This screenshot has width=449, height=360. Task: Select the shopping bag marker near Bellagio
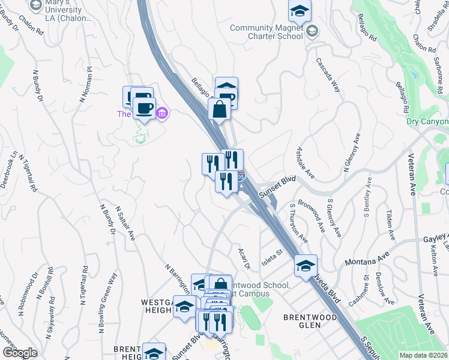pyautogui.click(x=220, y=110)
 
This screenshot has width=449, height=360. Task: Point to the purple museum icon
pyautogui.click(x=162, y=113)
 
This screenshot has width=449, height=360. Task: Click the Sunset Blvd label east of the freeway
pyautogui.click(x=278, y=186)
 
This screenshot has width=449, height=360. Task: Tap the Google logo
pyautogui.click(x=20, y=353)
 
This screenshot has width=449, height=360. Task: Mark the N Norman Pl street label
pyautogui.click(x=85, y=83)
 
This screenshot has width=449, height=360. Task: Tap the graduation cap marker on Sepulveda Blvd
pyautogui.click(x=306, y=265)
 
